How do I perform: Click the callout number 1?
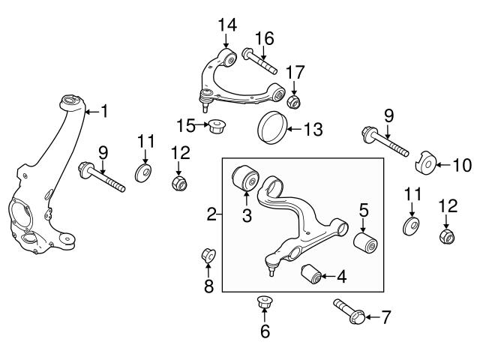click(x=104, y=112)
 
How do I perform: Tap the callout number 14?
click(x=227, y=25)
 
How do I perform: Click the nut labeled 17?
click(x=295, y=100)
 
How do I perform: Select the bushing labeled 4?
click(x=311, y=274)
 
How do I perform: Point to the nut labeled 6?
click(x=264, y=303)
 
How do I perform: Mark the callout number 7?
click(x=386, y=318)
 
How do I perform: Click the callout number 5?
click(x=364, y=209)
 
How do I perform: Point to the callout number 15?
click(x=185, y=124)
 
